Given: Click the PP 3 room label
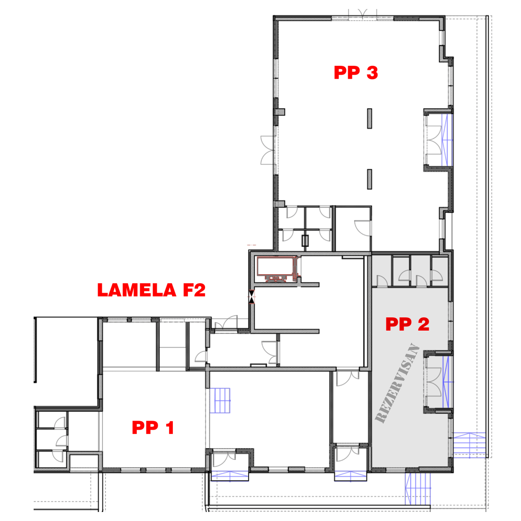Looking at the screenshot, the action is pos(356,73).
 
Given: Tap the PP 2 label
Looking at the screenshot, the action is pos(407,324).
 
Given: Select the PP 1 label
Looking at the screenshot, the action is pos(153,427).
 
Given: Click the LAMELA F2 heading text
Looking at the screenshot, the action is pos(151,290).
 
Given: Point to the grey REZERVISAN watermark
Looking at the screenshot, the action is pos(397,383).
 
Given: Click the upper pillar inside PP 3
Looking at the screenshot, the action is pos(369,118).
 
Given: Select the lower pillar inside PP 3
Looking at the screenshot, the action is pos(369,179).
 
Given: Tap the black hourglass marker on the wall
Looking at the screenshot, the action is pos(252,296).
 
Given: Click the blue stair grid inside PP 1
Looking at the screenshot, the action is pos(220,400).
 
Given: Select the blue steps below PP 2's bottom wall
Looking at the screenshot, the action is pos(418,488).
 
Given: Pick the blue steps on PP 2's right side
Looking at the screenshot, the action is pos(469,445).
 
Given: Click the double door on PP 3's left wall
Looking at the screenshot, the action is pos(268,150).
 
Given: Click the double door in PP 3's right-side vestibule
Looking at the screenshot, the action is pos(434,140).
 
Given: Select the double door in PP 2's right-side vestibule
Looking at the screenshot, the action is pos(434,382).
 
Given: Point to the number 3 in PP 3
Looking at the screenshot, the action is pos(372,73).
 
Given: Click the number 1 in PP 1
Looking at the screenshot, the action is pos(170,427).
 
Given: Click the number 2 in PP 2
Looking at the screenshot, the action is pos(423,324).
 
